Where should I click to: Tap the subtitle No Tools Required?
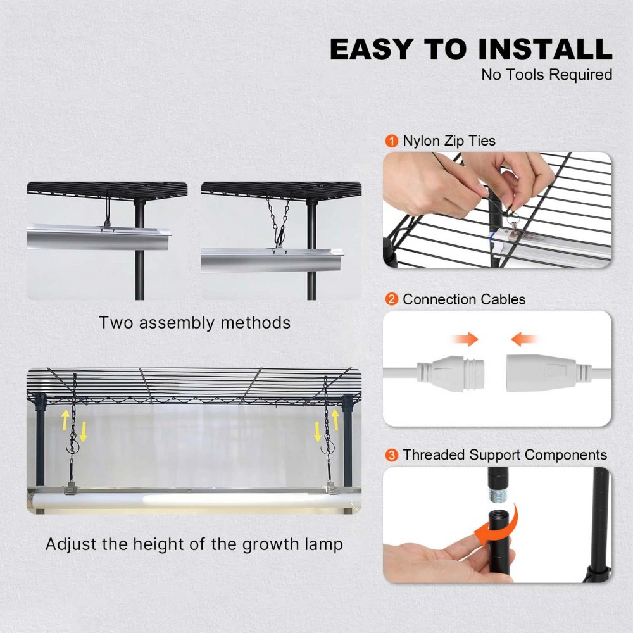coord(546,75)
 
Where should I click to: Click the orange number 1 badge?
coord(392,141)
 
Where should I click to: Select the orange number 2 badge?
coord(392,299)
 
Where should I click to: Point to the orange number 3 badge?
coord(392,454)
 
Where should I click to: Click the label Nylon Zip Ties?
coord(449,141)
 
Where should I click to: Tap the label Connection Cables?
coord(464,299)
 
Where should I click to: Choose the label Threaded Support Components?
coord(505,454)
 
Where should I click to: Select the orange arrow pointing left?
coord(525,340)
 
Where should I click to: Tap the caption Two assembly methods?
coord(194,322)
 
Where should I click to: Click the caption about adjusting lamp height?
coord(194,544)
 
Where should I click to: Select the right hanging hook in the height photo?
coord(327,449)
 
